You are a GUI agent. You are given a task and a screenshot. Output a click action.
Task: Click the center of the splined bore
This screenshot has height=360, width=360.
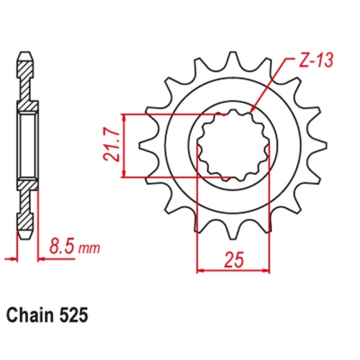[x=232, y=144]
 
